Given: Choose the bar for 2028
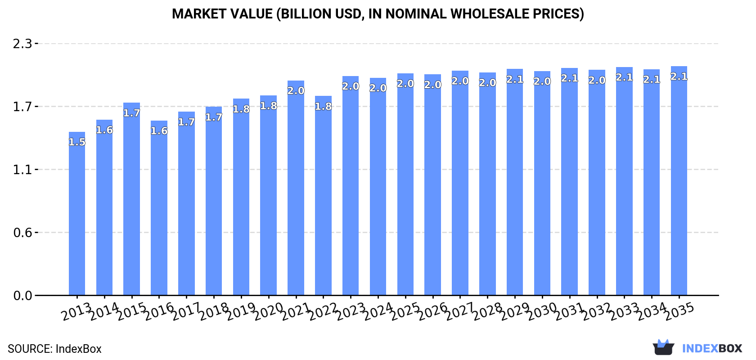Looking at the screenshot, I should [487, 184].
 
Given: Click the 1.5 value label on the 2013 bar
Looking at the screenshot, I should [77, 142].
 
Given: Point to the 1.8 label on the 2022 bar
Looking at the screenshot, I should [323, 107].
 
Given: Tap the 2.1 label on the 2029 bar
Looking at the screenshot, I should [515, 80].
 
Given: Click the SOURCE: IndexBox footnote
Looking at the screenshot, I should [54, 349].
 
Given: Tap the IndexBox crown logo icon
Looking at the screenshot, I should [663, 347].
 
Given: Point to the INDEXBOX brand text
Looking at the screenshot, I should [712, 348].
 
